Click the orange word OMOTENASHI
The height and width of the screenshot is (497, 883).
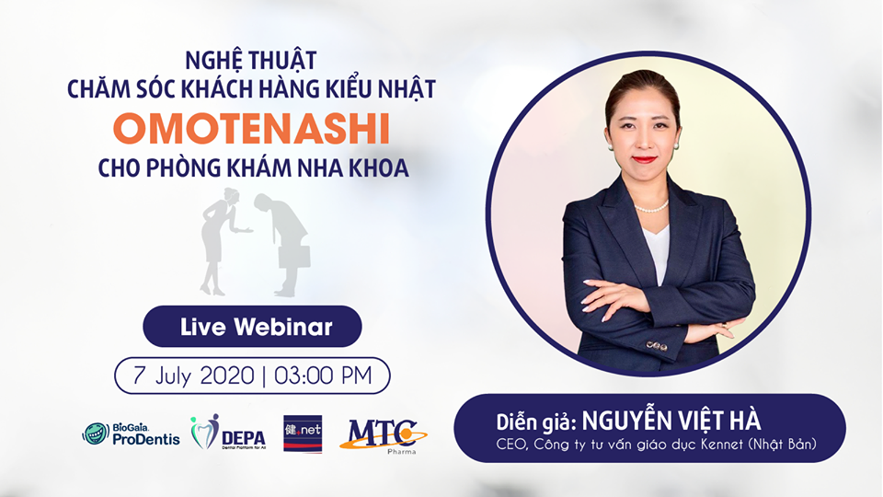[250, 129]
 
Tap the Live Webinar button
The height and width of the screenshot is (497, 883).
[252, 326]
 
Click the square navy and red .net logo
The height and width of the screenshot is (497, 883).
[303, 433]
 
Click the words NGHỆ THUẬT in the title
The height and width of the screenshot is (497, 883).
[250, 62]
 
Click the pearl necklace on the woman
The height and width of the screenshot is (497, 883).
[651, 209]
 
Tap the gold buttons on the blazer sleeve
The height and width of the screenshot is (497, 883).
[655, 345]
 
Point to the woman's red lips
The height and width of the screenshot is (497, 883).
[644, 158]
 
